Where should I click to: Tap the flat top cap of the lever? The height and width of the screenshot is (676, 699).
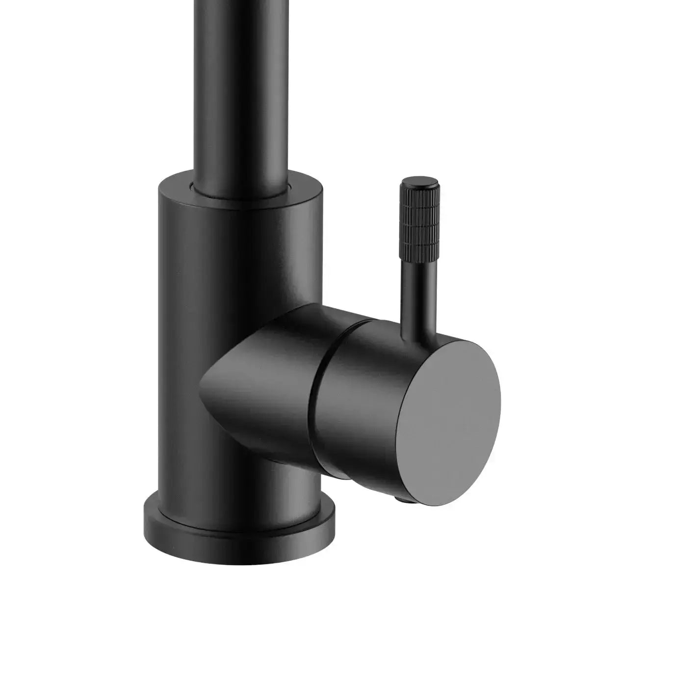pos(417,183)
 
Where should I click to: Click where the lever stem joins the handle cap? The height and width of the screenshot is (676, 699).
pos(418,334)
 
